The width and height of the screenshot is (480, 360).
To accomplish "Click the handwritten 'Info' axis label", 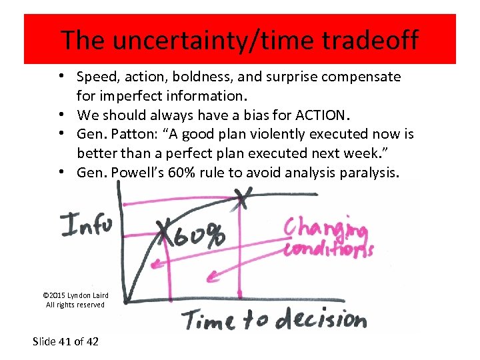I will (86, 224).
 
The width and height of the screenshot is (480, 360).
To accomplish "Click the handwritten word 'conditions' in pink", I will (328, 250).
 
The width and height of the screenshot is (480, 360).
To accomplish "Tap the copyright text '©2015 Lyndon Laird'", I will (75, 295).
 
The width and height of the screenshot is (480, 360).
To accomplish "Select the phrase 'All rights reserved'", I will (75, 305).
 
